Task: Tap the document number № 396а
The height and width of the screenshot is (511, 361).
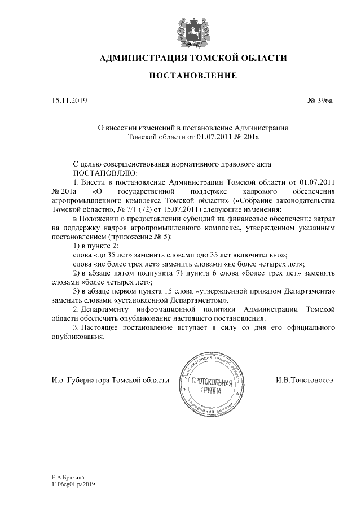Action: pos(320,102)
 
